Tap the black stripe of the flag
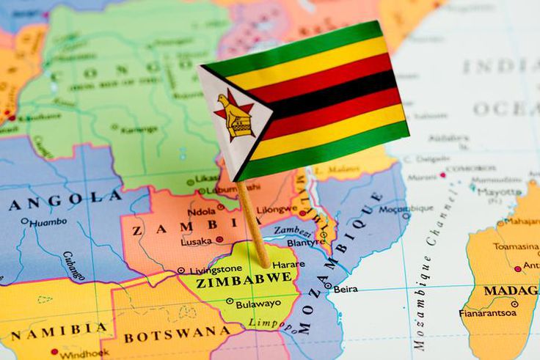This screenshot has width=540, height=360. click(x=330, y=92)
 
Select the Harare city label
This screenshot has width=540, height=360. click(x=288, y=264)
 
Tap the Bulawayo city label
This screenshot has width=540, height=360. click(x=258, y=303)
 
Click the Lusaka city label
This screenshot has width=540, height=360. click(x=196, y=240)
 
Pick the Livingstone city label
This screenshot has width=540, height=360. click(x=216, y=270)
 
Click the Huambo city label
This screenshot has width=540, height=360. click(x=48, y=221)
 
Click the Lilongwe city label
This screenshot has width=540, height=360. click(x=277, y=210)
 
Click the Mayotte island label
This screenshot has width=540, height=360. click(x=499, y=192)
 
